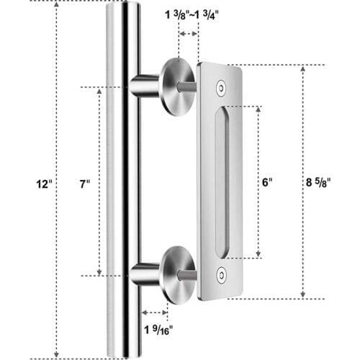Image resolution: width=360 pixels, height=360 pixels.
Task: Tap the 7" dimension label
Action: (86, 184)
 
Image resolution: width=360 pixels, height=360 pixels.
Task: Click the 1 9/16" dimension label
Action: (157, 333)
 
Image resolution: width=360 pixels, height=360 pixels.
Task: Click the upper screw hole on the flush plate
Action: (221, 86)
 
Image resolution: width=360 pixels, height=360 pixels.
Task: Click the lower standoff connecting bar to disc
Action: (146, 275)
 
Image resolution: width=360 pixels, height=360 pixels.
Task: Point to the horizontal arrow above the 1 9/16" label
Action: (154, 312)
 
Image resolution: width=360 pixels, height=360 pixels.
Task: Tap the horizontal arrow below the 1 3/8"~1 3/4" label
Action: (189, 34)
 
